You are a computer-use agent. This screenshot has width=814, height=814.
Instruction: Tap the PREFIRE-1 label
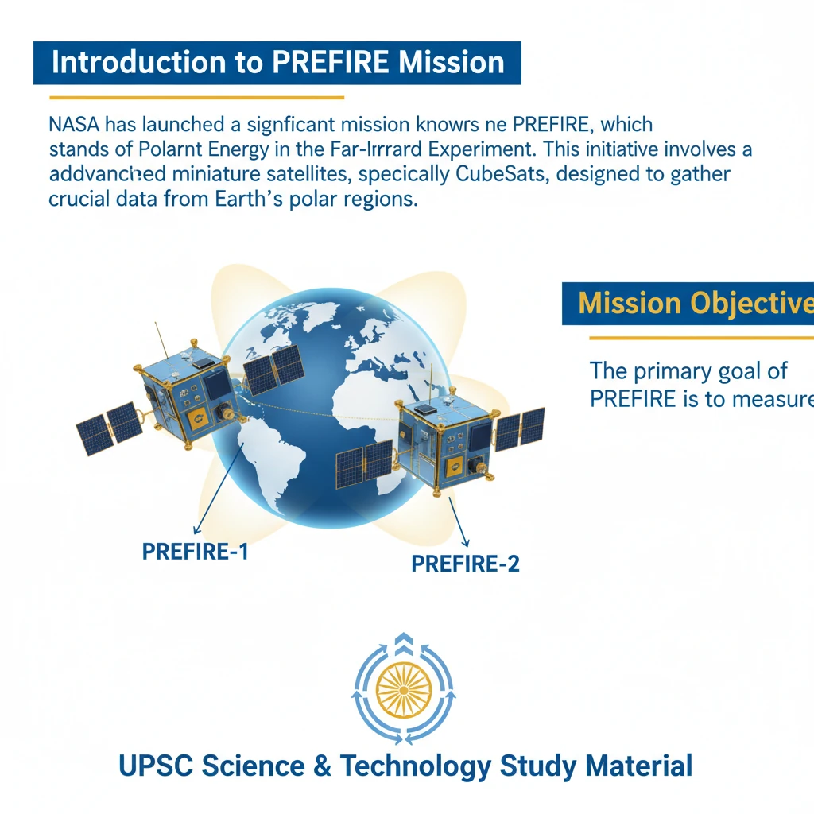[x=195, y=551]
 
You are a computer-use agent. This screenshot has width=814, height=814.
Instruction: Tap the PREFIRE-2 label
[x=465, y=564]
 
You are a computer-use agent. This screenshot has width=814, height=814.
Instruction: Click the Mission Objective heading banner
[x=688, y=303]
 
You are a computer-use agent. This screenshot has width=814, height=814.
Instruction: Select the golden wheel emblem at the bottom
[x=406, y=688]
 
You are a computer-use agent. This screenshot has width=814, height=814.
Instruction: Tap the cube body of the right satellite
[x=445, y=441]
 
